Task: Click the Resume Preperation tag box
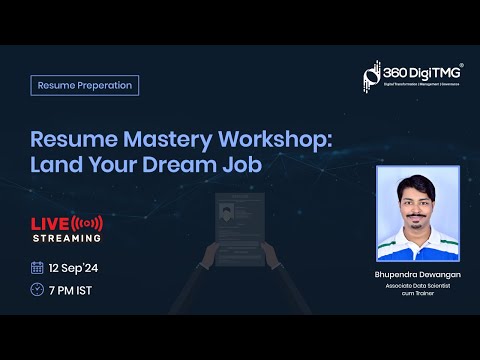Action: pyautogui.click(x=85, y=85)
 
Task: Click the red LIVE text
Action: pyautogui.click(x=49, y=222)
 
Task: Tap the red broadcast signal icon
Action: pyautogui.click(x=89, y=222)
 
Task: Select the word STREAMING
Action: pyautogui.click(x=66, y=238)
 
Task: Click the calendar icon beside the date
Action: pyautogui.click(x=37, y=267)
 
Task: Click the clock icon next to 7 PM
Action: pyautogui.click(x=37, y=289)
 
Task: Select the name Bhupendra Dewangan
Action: pyautogui.click(x=416, y=272)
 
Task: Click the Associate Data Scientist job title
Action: pyautogui.click(x=416, y=284)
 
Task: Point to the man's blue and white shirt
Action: pyautogui.click(x=416, y=245)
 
